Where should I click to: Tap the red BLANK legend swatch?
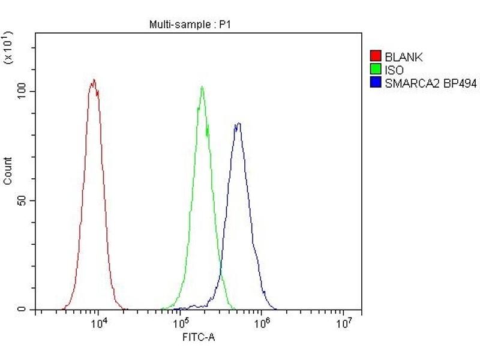(x=376, y=58)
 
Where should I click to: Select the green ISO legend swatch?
(x=376, y=71)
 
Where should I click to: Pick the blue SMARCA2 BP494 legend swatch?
(x=376, y=84)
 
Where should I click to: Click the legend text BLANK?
(x=404, y=58)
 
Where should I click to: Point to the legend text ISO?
(x=394, y=71)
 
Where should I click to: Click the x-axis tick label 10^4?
(x=99, y=323)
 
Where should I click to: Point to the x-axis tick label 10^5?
(x=181, y=323)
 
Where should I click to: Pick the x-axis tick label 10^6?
(x=262, y=323)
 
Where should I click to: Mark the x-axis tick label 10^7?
(x=343, y=323)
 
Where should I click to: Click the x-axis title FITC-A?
(x=199, y=337)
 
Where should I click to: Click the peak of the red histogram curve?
(x=93, y=80)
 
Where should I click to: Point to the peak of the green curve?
(x=202, y=87)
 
